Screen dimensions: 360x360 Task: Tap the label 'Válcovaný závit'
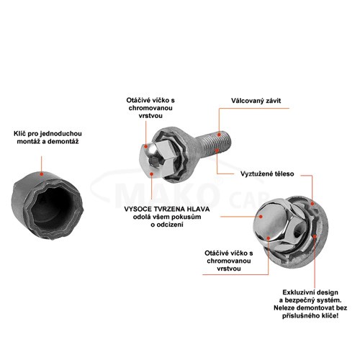tap(256, 101)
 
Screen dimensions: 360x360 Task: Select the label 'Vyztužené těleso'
tap(267, 174)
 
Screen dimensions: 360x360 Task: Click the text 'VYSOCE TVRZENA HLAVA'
tap(167, 209)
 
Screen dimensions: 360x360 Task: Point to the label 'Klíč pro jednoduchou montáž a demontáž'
tap(48, 138)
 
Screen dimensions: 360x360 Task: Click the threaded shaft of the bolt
tap(212, 145)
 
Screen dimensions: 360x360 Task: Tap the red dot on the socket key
tap(42, 174)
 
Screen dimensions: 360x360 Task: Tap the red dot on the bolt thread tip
tap(219, 135)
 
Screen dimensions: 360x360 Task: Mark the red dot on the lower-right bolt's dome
tap(261, 216)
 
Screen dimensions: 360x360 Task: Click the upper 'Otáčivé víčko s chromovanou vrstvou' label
tap(150, 108)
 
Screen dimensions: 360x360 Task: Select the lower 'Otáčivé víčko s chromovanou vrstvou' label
tap(229, 261)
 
